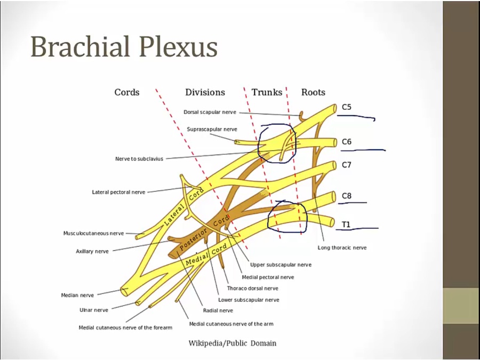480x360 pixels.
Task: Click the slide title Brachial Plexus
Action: pyautogui.click(x=124, y=46)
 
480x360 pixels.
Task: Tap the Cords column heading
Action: pyautogui.click(x=127, y=92)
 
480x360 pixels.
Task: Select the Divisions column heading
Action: pyautogui.click(x=205, y=92)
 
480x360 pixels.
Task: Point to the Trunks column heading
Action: pyautogui.click(x=267, y=92)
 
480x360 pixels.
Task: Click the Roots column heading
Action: pyautogui.click(x=313, y=92)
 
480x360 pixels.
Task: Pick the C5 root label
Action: pyautogui.click(x=347, y=107)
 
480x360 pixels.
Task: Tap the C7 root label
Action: pyautogui.click(x=347, y=165)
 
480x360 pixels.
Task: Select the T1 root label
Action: pyautogui.click(x=346, y=225)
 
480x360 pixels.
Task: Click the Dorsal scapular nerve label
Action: pyautogui.click(x=210, y=113)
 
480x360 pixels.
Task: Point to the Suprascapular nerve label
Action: pyautogui.click(x=212, y=129)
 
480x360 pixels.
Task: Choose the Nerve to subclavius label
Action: pyautogui.click(x=139, y=158)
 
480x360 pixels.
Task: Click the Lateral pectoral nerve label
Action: pyautogui.click(x=118, y=192)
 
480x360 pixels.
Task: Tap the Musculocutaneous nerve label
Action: pyautogui.click(x=93, y=233)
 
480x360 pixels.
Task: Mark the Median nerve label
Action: pyautogui.click(x=77, y=295)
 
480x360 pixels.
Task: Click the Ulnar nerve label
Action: pyautogui.click(x=94, y=310)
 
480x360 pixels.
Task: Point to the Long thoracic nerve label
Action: pyautogui.click(x=342, y=247)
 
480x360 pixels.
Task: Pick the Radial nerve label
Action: pyautogui.click(x=218, y=310)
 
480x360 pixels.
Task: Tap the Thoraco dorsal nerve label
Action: pyautogui.click(x=252, y=289)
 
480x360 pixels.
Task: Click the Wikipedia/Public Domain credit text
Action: pyautogui.click(x=233, y=343)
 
